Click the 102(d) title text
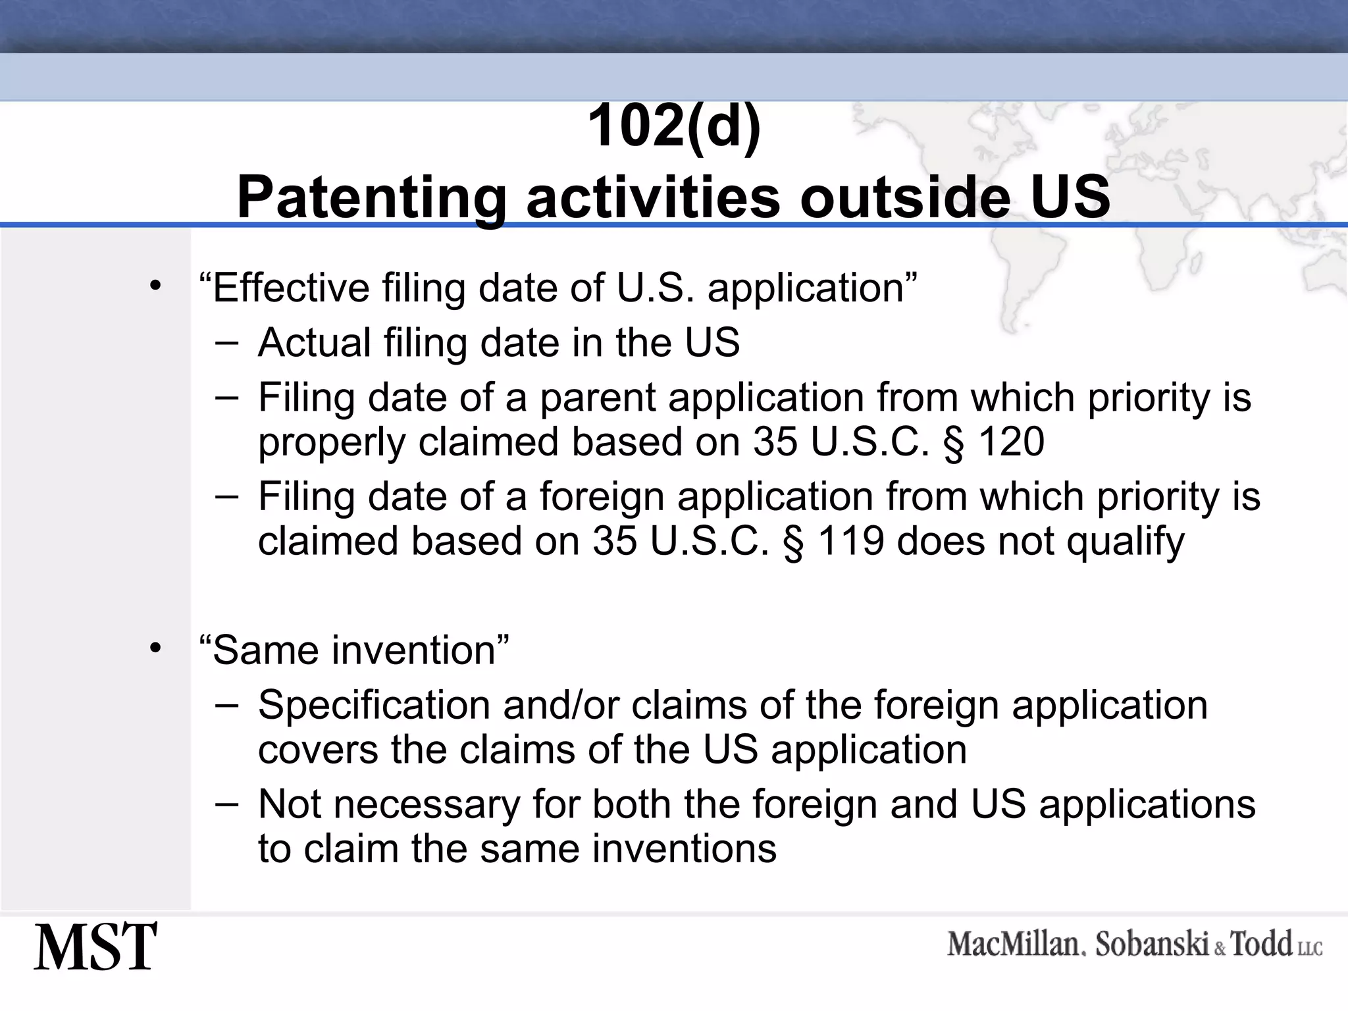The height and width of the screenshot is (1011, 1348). coord(674,126)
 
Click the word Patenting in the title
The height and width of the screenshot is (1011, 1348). coord(371,197)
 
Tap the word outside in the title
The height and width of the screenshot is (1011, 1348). coord(904,197)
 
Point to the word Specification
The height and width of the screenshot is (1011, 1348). coord(372,706)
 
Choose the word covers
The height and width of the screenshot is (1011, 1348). coord(318,750)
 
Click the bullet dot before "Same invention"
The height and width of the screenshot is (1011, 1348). coord(155,648)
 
